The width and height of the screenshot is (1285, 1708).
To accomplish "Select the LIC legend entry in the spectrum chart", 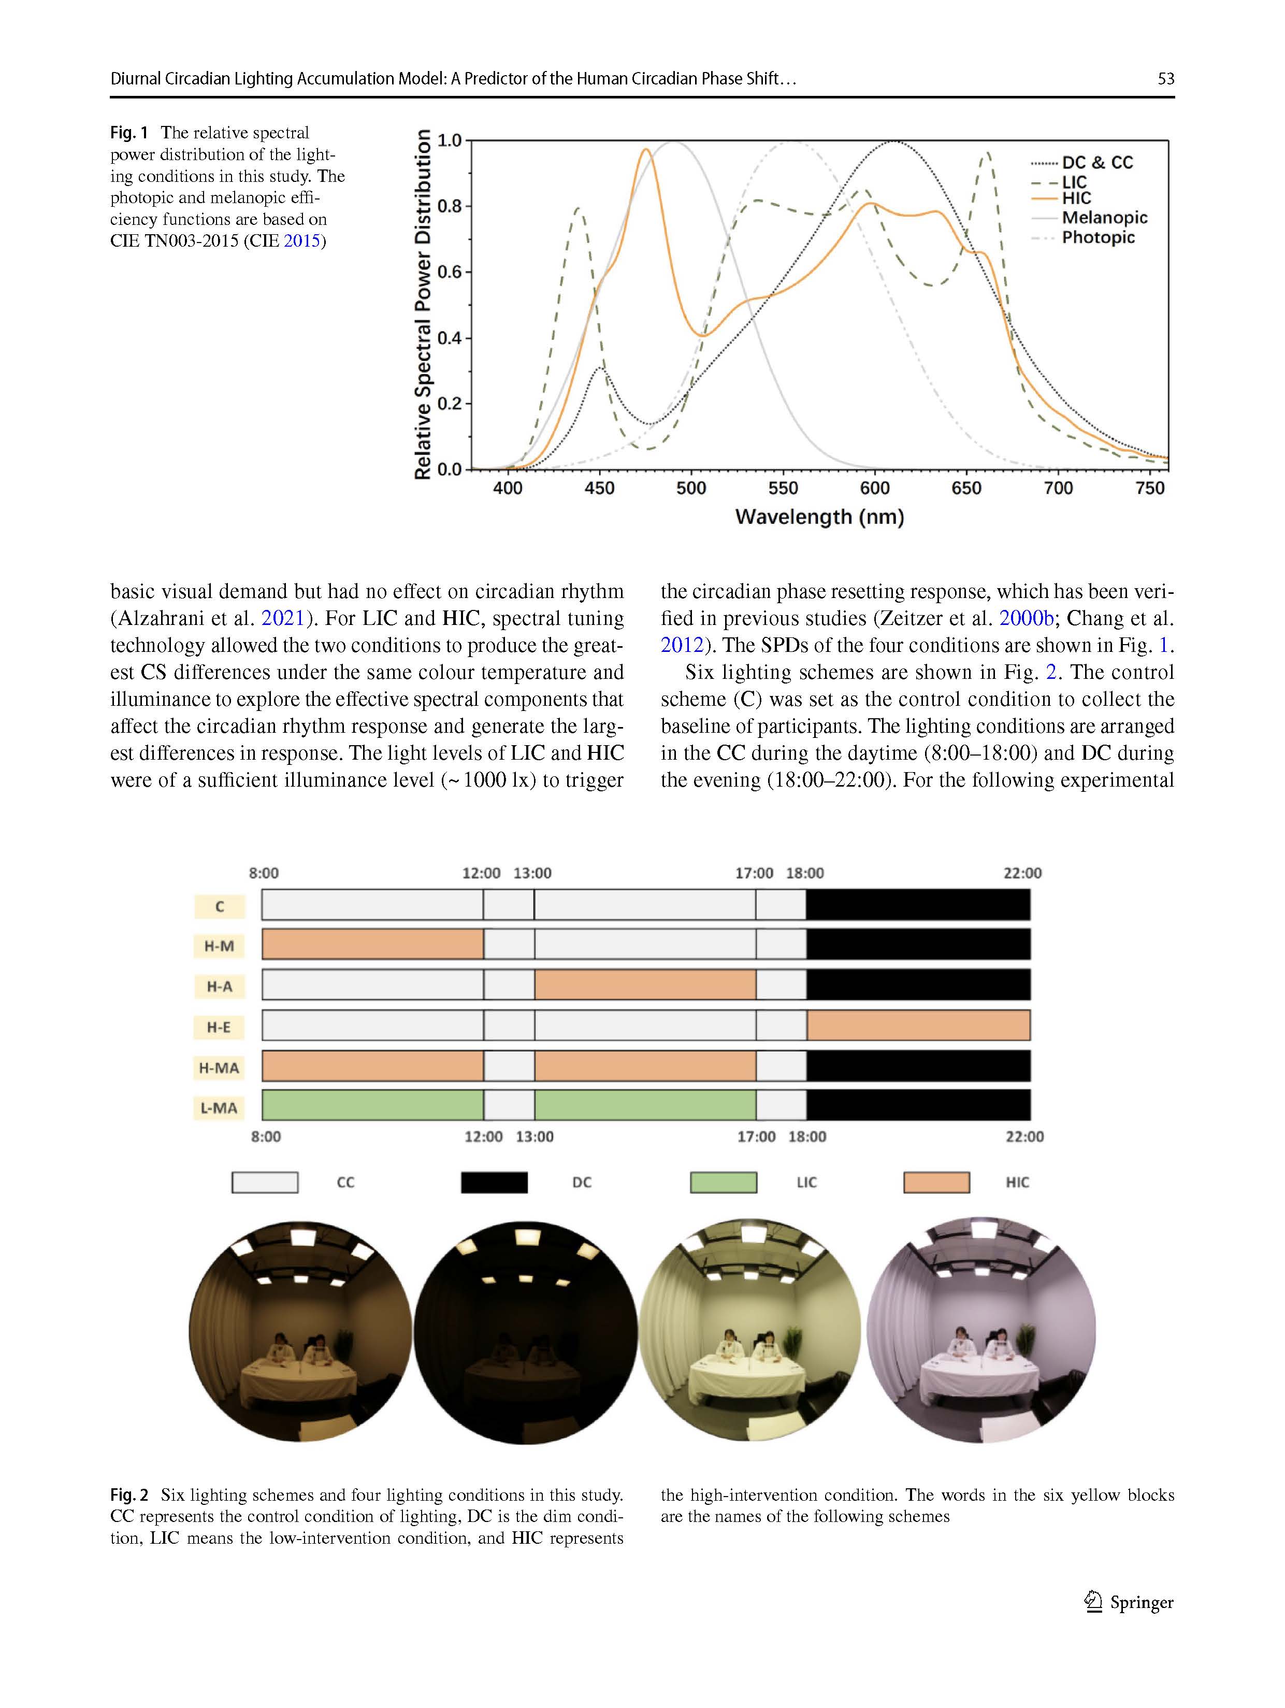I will point(1074,182).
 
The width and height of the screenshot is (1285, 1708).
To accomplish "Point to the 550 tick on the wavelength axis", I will point(783,488).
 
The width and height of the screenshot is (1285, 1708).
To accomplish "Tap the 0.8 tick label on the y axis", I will point(449,207).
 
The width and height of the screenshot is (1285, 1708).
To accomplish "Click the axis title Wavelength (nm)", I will point(819,517).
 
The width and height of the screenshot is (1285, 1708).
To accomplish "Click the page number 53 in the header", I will point(1165,79).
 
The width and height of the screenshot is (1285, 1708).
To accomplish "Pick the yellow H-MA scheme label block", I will point(219,1068).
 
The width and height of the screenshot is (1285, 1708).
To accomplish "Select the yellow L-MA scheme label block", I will point(219,1108).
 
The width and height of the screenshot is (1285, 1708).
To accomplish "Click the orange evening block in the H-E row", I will point(918,1026).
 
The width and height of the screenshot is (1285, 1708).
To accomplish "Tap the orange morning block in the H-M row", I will point(373,944).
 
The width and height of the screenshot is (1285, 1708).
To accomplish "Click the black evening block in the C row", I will point(918,904).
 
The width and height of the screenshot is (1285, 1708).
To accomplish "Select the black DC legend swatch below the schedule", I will point(494,1182).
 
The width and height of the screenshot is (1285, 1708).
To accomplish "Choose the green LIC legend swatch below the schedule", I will point(723,1182).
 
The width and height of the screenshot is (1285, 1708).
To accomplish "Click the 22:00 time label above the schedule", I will point(1022,873).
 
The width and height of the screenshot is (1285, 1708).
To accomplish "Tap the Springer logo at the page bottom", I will point(1129,1602).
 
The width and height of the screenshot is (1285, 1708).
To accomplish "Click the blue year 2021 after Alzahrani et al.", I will point(282,619).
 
